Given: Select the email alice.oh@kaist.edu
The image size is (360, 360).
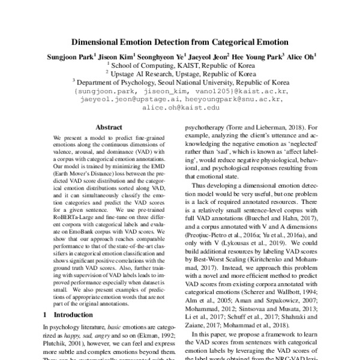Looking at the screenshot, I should [x=181, y=108].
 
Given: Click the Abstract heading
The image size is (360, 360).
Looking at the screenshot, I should [x=109, y=127].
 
